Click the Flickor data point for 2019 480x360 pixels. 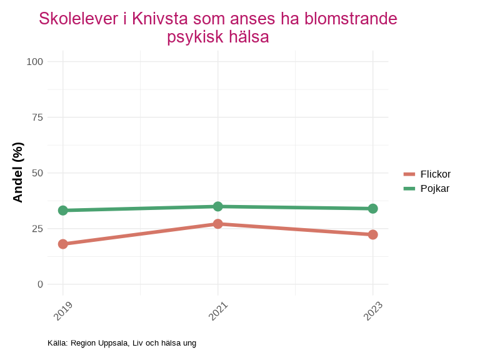click(x=63, y=244)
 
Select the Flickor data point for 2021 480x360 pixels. click(x=217, y=224)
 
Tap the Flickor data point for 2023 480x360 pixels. click(x=372, y=234)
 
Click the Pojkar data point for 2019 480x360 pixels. click(x=63, y=211)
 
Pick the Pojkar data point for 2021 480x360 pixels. click(x=217, y=206)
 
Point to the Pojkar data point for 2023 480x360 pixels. click(x=372, y=209)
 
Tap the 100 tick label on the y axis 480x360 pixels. click(x=35, y=61)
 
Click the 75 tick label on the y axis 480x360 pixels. click(x=37, y=117)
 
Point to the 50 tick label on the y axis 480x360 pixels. click(x=37, y=172)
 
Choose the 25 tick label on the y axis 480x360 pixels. click(x=37, y=228)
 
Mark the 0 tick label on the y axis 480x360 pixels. click(x=41, y=284)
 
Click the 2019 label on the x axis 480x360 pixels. click(x=63, y=311)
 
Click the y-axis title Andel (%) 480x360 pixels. click(x=18, y=172)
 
